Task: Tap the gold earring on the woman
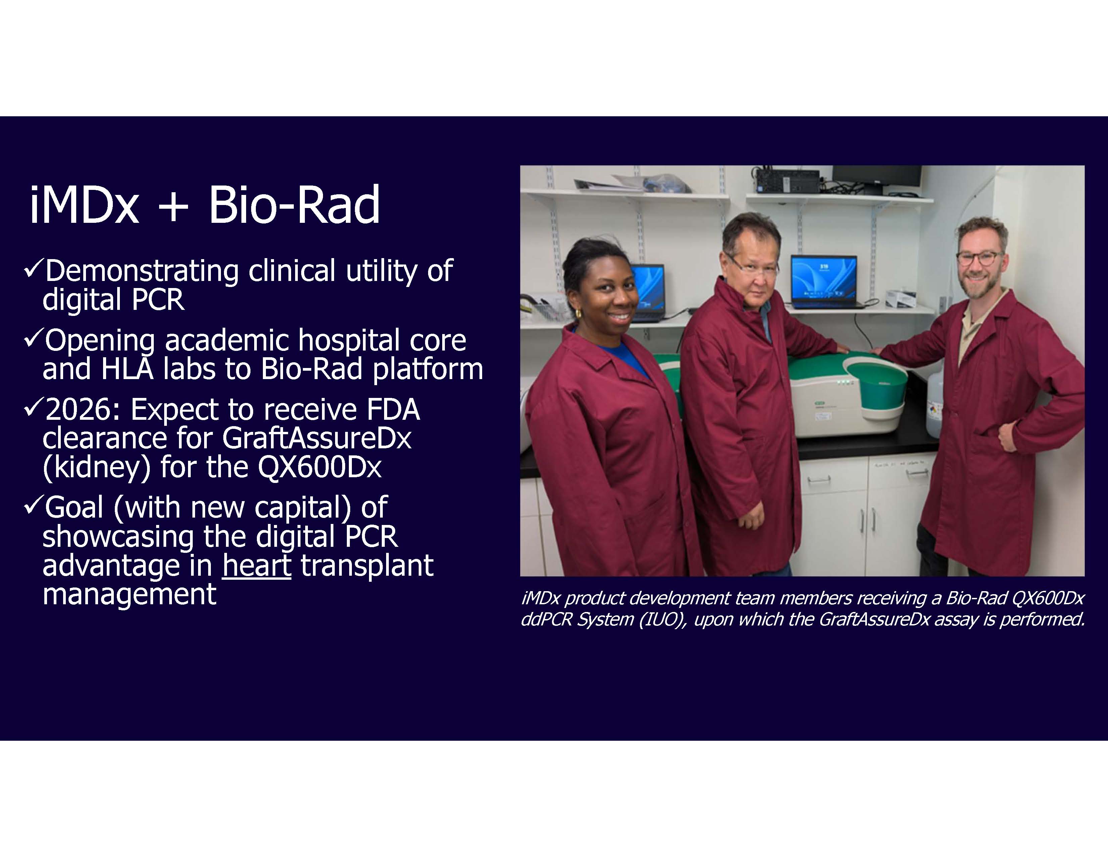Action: point(578,314)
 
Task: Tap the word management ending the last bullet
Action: point(129,594)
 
